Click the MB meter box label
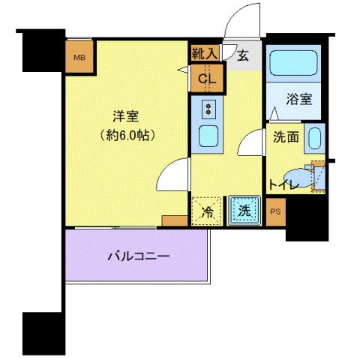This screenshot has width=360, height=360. coord(79,58)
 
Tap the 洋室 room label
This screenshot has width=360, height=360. coord(126,116)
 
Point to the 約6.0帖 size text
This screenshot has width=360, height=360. coord(127,136)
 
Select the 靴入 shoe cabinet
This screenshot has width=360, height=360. coord(205,53)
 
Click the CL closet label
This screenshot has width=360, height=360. coord(207,79)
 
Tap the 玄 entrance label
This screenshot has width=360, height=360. coord(243,55)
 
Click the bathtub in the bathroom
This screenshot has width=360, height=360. coord(293,63)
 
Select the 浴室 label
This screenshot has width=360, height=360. coord(299,99)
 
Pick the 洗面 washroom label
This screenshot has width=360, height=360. coord(286,137)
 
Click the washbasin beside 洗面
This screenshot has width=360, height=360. coord(314,139)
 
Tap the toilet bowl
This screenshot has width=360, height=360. coord(298,178)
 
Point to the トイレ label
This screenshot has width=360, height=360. coord(283,185)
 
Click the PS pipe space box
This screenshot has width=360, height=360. coord(276,212)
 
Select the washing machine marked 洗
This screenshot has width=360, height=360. coord(244,211)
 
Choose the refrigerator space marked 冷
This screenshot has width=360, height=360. coord(207,211)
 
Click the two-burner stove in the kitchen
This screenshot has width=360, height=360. coord(208,109)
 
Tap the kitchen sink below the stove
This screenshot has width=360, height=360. coord(208,136)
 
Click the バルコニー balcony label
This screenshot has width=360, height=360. coord(139,256)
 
